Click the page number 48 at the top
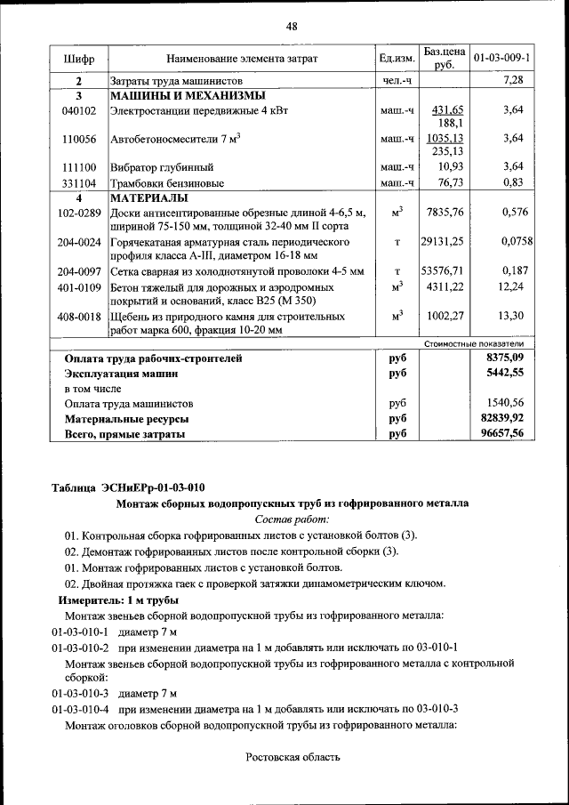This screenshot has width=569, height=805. click(x=291, y=26)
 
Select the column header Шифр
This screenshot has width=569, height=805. click(x=78, y=59)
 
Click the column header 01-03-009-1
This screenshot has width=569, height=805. click(x=501, y=59)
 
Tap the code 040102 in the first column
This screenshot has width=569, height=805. click(x=78, y=110)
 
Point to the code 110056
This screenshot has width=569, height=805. click(x=78, y=140)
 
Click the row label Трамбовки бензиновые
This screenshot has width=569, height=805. click(x=166, y=182)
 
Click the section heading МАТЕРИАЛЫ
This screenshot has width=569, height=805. click(x=148, y=197)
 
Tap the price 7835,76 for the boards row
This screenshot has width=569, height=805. click(x=445, y=213)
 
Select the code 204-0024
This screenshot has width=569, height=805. click(x=78, y=242)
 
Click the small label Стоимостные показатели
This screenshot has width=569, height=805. click(x=473, y=343)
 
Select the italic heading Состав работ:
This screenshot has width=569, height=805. click(x=292, y=519)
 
